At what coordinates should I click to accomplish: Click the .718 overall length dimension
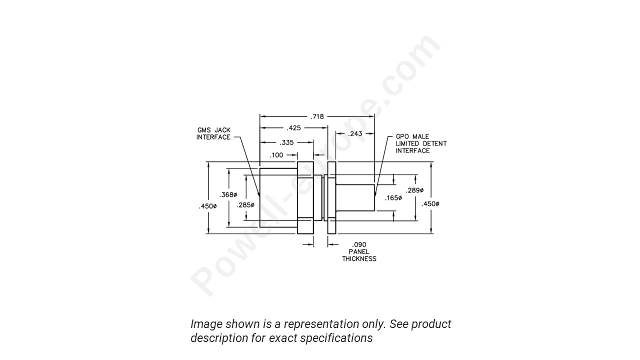[x=317, y=116]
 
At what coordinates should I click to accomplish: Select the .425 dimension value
[x=293, y=128]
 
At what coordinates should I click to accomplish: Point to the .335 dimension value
[x=286, y=142]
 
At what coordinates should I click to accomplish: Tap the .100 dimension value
[x=276, y=155]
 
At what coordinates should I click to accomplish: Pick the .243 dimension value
[x=355, y=133]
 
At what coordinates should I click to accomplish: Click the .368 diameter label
[x=228, y=194]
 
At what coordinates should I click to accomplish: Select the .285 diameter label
[x=245, y=205]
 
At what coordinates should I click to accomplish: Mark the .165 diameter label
[x=393, y=198]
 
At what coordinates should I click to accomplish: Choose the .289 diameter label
[x=414, y=190]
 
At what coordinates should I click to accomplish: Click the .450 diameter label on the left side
[x=207, y=206]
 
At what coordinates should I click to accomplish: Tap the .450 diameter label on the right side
[x=430, y=203]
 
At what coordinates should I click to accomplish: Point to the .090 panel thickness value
[x=359, y=244]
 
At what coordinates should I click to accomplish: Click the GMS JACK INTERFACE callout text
[x=213, y=133]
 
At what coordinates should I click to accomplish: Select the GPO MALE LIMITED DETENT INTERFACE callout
[x=421, y=143]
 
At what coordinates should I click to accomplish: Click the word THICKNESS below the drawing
[x=359, y=259]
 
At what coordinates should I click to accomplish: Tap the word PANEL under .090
[x=359, y=251]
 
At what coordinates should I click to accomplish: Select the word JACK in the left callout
[x=222, y=130]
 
